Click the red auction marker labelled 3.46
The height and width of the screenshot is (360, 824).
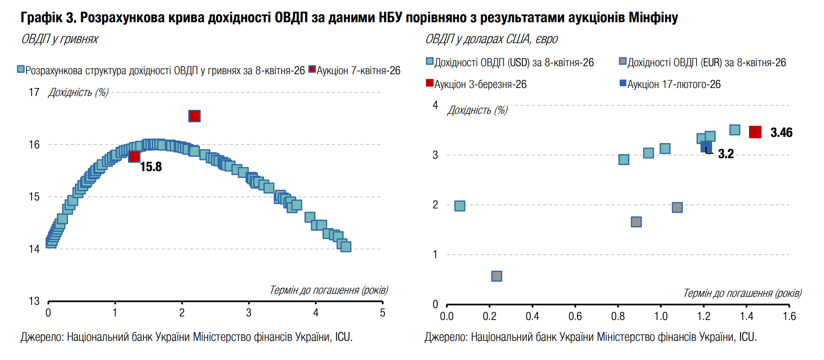[x=755, y=132]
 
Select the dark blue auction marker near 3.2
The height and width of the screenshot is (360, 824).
[x=706, y=147]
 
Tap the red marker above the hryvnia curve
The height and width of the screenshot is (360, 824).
[x=195, y=116]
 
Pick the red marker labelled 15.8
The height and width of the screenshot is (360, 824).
[x=134, y=156]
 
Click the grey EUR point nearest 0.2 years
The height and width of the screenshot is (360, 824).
[x=497, y=276]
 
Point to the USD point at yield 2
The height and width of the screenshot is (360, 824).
[x=460, y=206]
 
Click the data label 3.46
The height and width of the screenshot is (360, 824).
[x=781, y=132]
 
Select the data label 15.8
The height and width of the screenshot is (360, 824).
[x=151, y=167]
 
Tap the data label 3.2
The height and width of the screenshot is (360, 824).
[x=726, y=154]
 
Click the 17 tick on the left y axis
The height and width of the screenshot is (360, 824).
[x=34, y=92]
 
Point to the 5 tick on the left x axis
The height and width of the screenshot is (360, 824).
[x=382, y=313]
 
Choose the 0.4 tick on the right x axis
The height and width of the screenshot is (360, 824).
[x=532, y=316]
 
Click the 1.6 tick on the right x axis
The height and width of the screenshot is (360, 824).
[x=789, y=316]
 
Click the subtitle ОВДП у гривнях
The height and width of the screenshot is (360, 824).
[x=60, y=39]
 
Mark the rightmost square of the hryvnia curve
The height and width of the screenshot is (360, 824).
[x=346, y=246]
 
